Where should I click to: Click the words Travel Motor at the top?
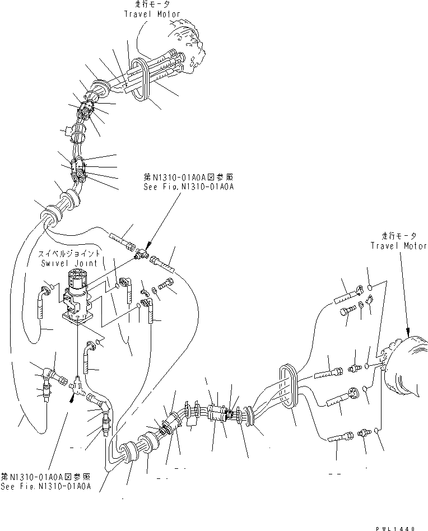pyautogui.click(x=152, y=14)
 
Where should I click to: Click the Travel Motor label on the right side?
pyautogui.click(x=398, y=245)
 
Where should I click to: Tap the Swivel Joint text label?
pyautogui.click(x=69, y=263)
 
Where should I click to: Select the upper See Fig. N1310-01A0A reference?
pyautogui.click(x=189, y=187)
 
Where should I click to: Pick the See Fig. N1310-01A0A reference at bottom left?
pyautogui.click(x=46, y=486)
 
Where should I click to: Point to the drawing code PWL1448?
pyautogui.click(x=396, y=528)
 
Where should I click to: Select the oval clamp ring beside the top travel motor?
pyautogui.click(x=139, y=80)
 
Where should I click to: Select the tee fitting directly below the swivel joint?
pyautogui.click(x=77, y=385)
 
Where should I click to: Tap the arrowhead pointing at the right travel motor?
pyautogui.click(x=408, y=331)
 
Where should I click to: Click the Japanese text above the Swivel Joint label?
pyautogui.click(x=69, y=254)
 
